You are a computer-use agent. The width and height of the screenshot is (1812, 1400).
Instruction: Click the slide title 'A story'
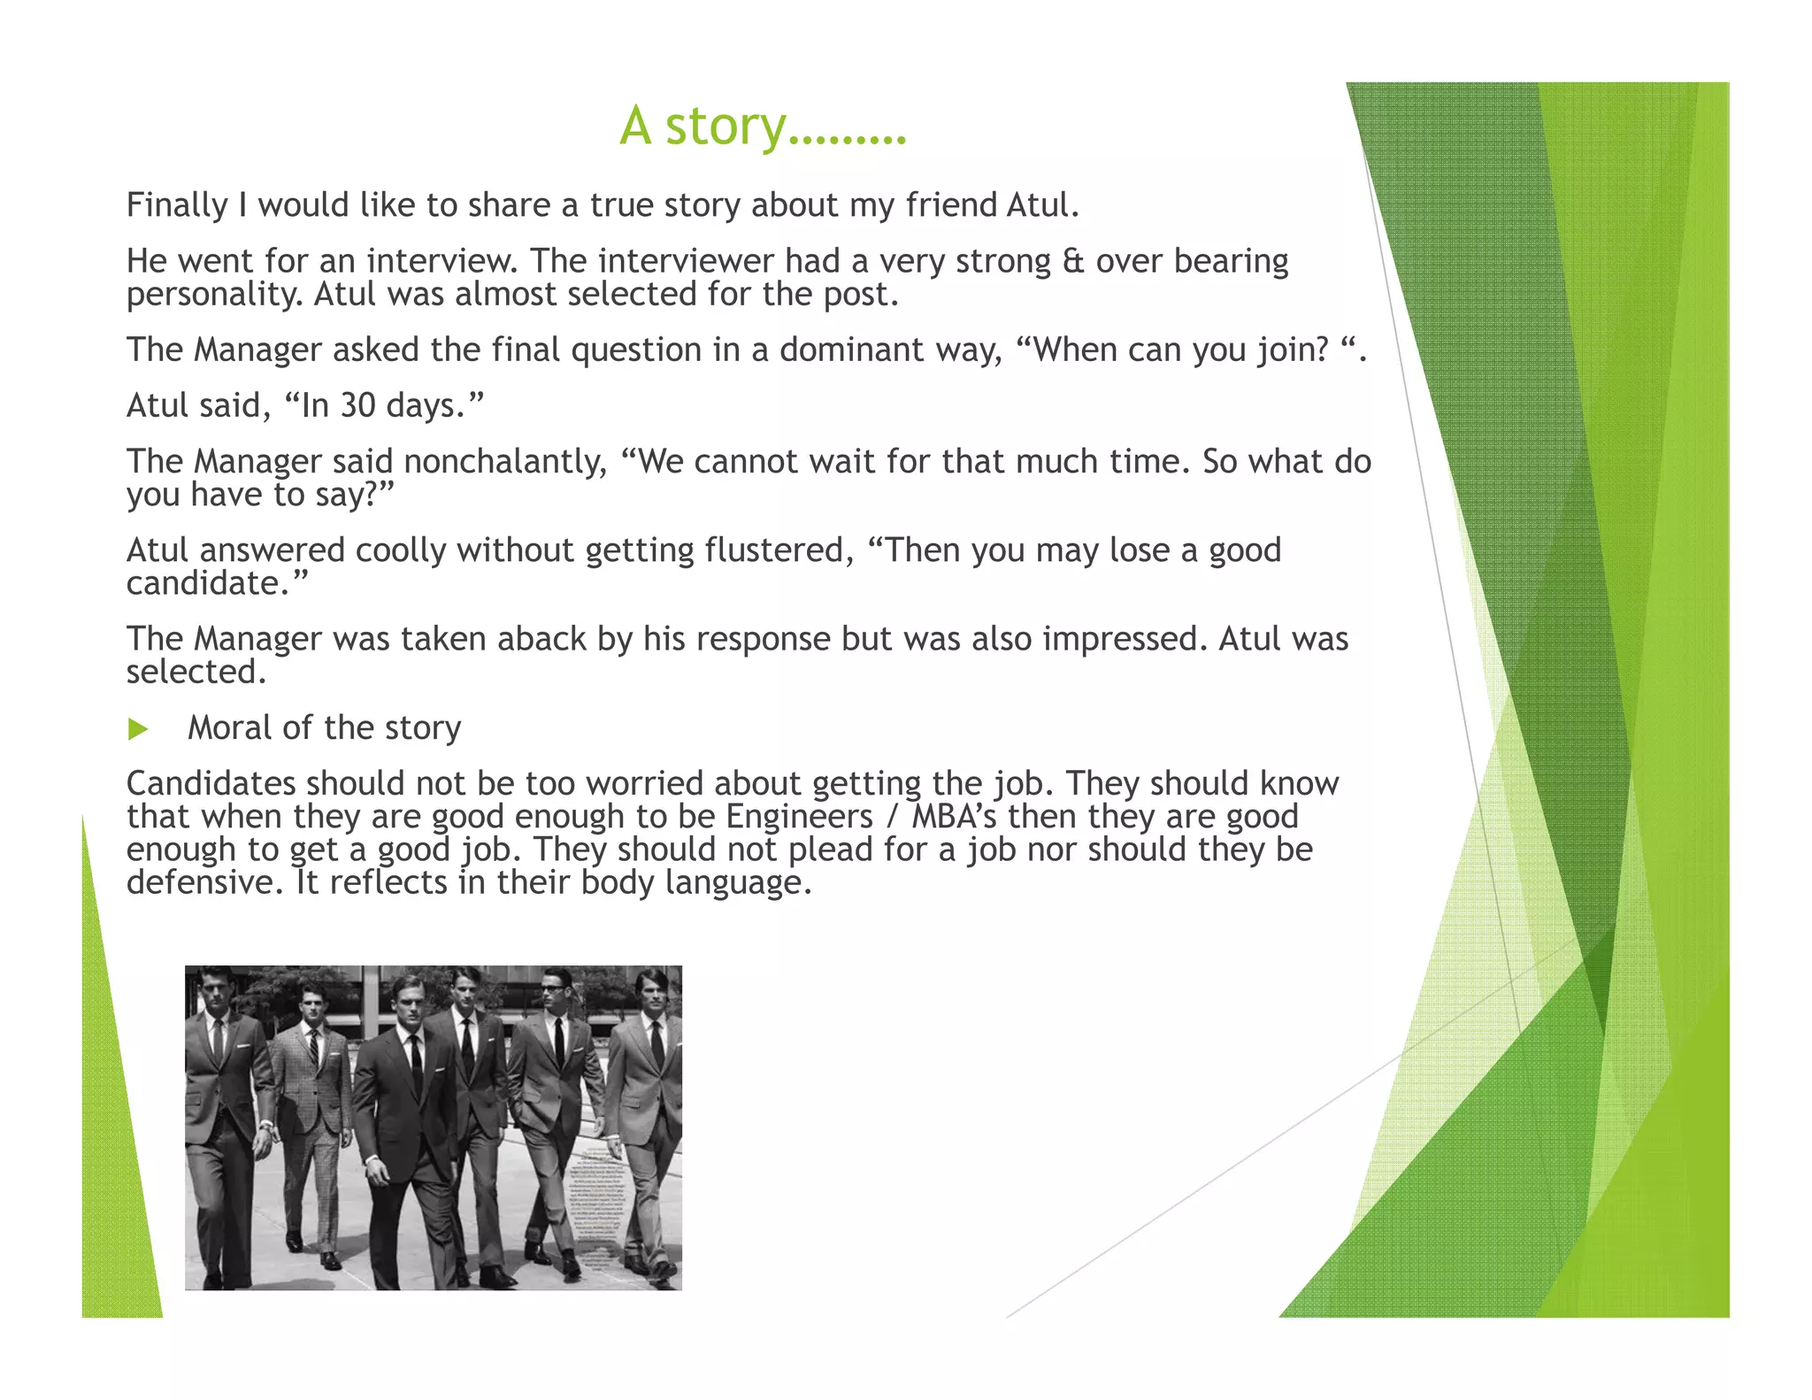762,127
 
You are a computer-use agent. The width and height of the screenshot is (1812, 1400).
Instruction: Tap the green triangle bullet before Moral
137,729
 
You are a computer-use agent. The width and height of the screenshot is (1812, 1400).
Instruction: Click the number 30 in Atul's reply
357,405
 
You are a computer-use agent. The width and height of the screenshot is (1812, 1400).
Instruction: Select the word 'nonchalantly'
505,461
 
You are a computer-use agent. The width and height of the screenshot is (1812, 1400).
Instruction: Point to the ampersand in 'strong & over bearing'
1072,261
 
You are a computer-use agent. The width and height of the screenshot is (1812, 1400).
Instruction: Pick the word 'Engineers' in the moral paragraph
800,816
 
